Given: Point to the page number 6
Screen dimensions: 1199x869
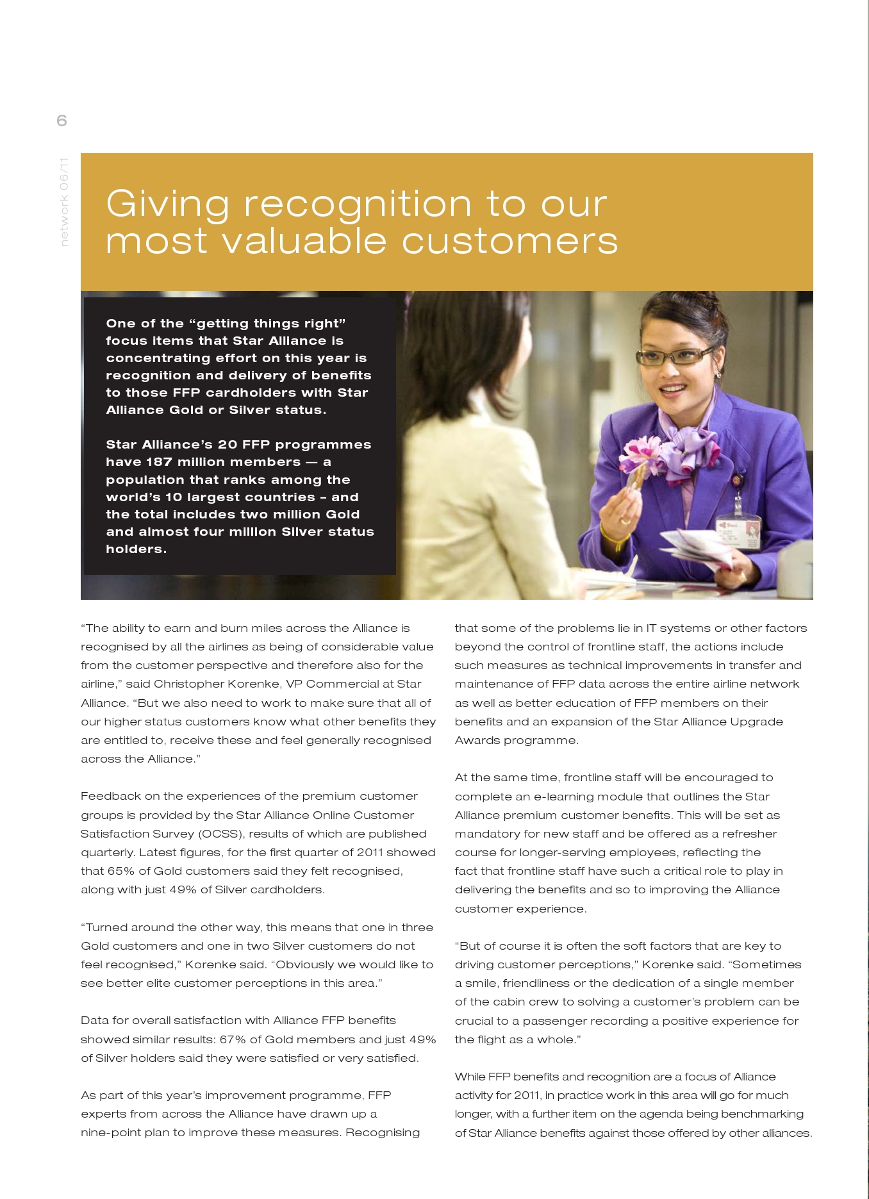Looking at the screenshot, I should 62,120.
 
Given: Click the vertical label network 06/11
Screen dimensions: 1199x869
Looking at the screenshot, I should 63,202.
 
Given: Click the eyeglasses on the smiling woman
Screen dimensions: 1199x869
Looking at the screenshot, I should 673,356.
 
